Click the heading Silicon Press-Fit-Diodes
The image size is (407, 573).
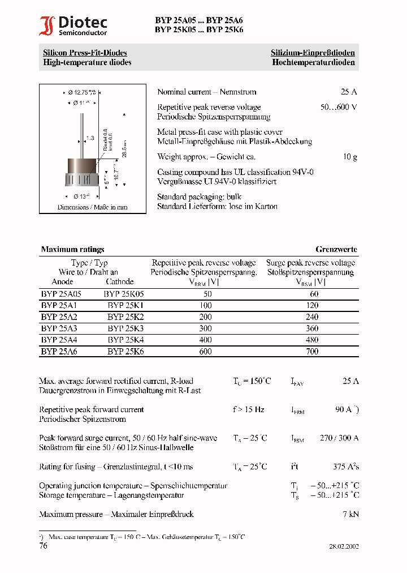click(x=85, y=53)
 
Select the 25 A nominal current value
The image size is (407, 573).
click(x=349, y=92)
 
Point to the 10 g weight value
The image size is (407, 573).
click(x=350, y=156)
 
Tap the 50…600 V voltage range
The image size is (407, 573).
click(x=339, y=107)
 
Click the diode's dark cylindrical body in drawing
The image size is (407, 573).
click(x=83, y=168)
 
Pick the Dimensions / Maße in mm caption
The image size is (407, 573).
click(x=92, y=207)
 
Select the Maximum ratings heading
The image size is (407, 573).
click(x=72, y=249)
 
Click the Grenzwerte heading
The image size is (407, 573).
click(x=336, y=249)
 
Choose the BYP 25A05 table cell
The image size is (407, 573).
click(x=61, y=294)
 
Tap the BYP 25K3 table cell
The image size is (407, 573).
click(x=125, y=328)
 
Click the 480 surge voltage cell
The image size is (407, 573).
click(x=311, y=340)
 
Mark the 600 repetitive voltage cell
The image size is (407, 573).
click(x=205, y=351)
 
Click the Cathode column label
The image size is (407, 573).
click(x=119, y=281)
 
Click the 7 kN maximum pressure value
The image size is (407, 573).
click(x=350, y=514)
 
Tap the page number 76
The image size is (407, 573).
click(x=44, y=546)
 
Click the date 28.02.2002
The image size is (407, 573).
click(x=344, y=546)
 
